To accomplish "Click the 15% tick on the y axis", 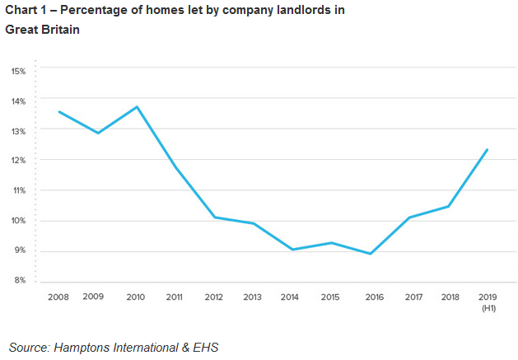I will pyautogui.click(x=18, y=71).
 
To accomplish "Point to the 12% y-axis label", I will pyautogui.click(x=18, y=161).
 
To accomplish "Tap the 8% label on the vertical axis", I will pyautogui.click(x=20, y=281).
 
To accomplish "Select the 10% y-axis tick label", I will pyautogui.click(x=18, y=221).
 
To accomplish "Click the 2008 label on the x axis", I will pyautogui.click(x=58, y=297).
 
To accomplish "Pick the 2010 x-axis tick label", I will pyautogui.click(x=136, y=297).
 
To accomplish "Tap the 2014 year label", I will pyautogui.click(x=291, y=297).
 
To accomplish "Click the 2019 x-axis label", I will pyautogui.click(x=487, y=297).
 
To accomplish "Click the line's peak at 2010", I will pyautogui.click(x=137, y=107).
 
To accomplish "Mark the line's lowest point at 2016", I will pyautogui.click(x=371, y=254).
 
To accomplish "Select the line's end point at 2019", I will pyautogui.click(x=488, y=150).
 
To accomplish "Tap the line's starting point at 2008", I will pyautogui.click(x=59, y=112).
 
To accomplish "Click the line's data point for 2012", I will pyautogui.click(x=214, y=217).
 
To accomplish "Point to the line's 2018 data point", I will pyautogui.click(x=448, y=206).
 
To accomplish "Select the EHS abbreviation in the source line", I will pyautogui.click(x=206, y=347).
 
